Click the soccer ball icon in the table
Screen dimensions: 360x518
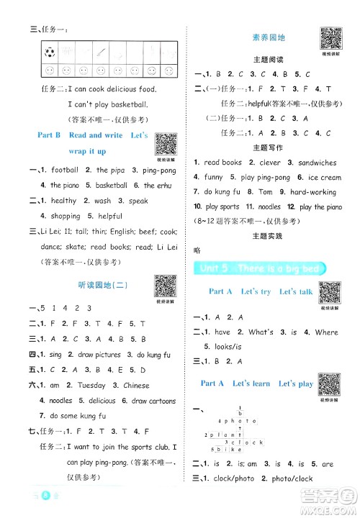(49, 53)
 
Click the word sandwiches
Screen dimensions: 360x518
(318, 163)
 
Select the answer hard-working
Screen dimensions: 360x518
(312, 192)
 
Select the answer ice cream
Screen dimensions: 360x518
(320, 177)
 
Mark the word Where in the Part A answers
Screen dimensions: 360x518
(325, 332)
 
